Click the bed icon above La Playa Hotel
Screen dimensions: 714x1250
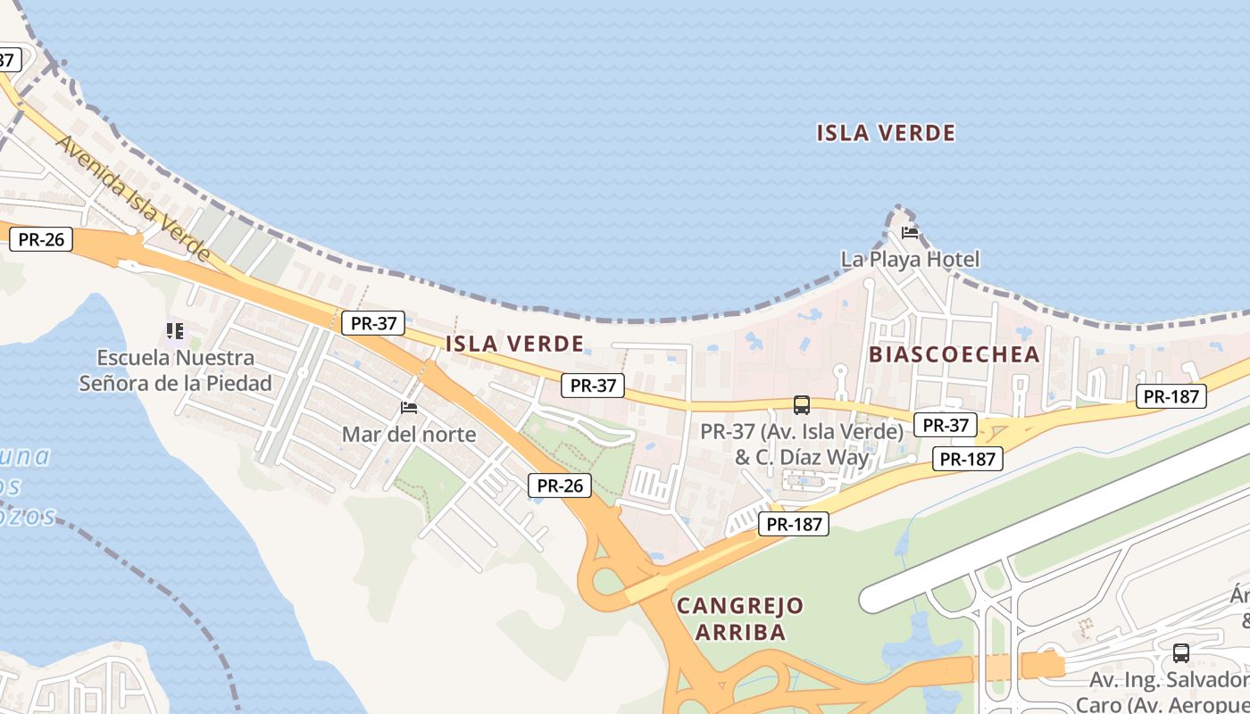910,233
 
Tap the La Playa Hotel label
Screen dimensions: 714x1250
910,260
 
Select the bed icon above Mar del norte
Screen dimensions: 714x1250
409,408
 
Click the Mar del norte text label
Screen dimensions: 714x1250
409,435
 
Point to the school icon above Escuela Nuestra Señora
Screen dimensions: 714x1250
175,331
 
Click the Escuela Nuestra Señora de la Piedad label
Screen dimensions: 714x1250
175,370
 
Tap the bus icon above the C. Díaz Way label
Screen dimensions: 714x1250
802,405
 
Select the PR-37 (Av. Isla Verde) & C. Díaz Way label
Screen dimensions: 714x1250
802,444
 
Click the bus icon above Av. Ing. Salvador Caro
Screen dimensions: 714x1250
1181,652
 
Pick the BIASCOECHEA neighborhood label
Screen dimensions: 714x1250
954,354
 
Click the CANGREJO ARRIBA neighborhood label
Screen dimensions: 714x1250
740,619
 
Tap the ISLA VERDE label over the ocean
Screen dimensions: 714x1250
886,134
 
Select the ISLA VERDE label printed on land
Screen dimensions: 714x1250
514,344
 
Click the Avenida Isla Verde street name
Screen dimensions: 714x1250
133,198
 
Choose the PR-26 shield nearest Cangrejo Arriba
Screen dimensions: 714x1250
560,486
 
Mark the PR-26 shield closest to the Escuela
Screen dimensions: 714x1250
41,239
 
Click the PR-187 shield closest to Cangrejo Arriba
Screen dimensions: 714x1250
794,524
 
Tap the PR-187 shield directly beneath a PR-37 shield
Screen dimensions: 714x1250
968,459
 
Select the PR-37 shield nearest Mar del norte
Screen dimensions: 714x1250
373,323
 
